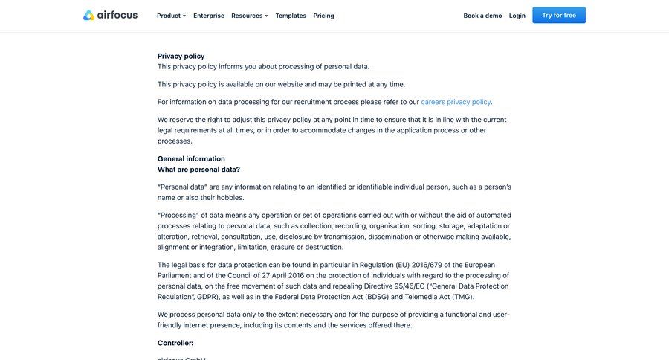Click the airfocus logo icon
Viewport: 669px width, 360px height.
pyautogui.click(x=89, y=16)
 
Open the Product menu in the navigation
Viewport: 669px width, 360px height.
pyautogui.click(x=171, y=16)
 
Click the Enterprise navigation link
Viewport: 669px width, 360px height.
pyautogui.click(x=209, y=16)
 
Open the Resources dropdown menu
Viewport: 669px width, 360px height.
pyautogui.click(x=249, y=16)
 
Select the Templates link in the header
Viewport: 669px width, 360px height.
pyautogui.click(x=291, y=16)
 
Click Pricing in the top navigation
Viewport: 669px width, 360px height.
pyautogui.click(x=323, y=16)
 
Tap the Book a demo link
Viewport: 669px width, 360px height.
pyautogui.click(x=482, y=16)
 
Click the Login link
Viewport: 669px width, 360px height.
pyautogui.click(x=517, y=16)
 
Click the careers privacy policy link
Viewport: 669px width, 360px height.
pyautogui.click(x=456, y=102)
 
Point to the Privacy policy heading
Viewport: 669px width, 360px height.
pyautogui.click(x=181, y=56)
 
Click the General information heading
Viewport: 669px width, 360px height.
pyautogui.click(x=191, y=158)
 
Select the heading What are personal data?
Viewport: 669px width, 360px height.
pyautogui.click(x=198, y=170)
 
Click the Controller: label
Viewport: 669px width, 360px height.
pyautogui.click(x=175, y=343)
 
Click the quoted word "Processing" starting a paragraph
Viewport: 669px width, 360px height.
pyautogui.click(x=178, y=216)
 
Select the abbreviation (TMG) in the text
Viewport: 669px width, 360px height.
pyautogui.click(x=462, y=297)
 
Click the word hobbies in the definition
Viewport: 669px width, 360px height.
pyautogui.click(x=230, y=198)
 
